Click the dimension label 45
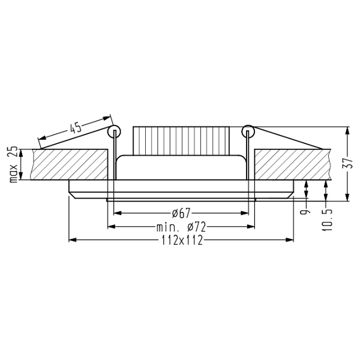76,127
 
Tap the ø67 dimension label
181,213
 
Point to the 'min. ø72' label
181,227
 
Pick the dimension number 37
353,164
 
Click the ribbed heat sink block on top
181,140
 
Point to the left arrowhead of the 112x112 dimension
73,240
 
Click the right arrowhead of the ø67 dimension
245,212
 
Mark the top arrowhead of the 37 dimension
348,129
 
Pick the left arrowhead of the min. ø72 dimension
110,226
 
